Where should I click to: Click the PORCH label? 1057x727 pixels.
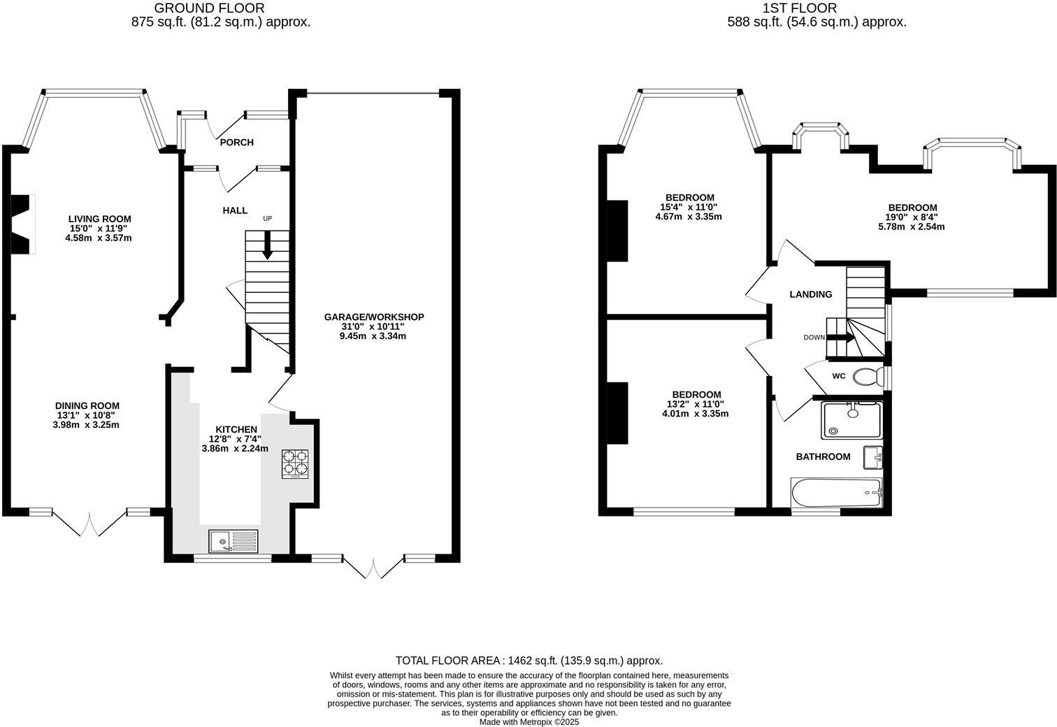click(x=236, y=143)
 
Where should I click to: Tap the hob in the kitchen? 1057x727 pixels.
click(x=296, y=464)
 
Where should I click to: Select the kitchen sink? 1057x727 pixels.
click(x=233, y=540)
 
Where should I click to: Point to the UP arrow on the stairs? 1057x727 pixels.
click(x=267, y=245)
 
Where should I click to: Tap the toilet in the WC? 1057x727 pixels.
click(x=868, y=377)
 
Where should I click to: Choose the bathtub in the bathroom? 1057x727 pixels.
click(x=836, y=493)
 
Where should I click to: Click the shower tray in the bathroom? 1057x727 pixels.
click(x=851, y=419)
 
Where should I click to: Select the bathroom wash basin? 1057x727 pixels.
click(x=873, y=457)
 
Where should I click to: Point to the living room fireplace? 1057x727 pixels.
click(x=22, y=224)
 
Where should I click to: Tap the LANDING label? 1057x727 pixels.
click(x=811, y=294)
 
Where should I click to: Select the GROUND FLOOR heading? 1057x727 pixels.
click(x=210, y=8)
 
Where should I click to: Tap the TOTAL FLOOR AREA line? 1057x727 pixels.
click(x=529, y=661)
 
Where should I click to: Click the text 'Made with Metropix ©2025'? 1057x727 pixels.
click(x=529, y=722)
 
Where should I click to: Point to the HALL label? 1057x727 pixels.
click(x=235, y=210)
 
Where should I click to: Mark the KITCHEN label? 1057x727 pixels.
click(x=236, y=429)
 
